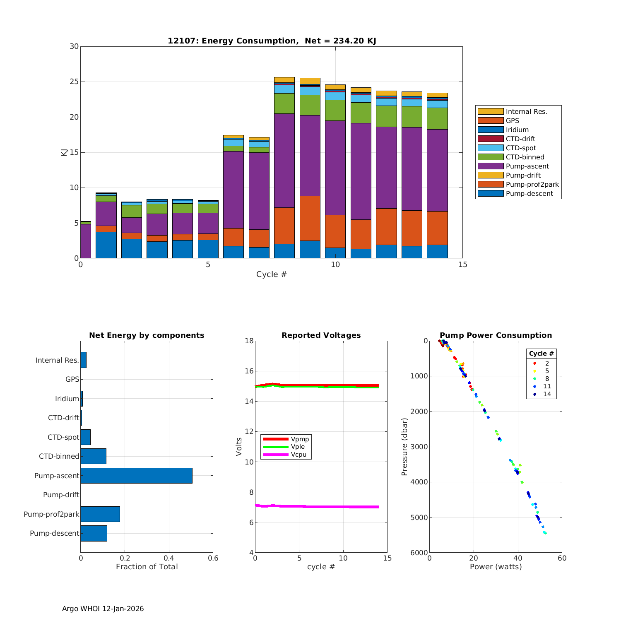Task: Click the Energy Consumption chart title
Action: [272, 41]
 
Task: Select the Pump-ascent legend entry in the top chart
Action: [527, 166]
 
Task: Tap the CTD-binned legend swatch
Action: [490, 157]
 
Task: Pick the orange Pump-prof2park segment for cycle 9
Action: [310, 218]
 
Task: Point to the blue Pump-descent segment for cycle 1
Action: [106, 245]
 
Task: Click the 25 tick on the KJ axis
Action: [74, 82]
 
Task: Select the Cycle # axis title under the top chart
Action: [271, 274]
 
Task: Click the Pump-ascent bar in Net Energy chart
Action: [136, 476]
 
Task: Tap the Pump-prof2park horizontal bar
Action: [100, 514]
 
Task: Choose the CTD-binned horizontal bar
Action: [93, 456]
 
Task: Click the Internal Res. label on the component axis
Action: [57, 360]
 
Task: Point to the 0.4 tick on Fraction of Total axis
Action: [169, 558]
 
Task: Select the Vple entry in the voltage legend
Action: [298, 447]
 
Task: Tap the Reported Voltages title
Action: [321, 335]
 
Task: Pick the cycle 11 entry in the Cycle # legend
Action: [546, 386]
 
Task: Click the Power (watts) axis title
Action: [496, 566]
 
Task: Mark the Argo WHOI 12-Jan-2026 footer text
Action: [103, 609]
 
